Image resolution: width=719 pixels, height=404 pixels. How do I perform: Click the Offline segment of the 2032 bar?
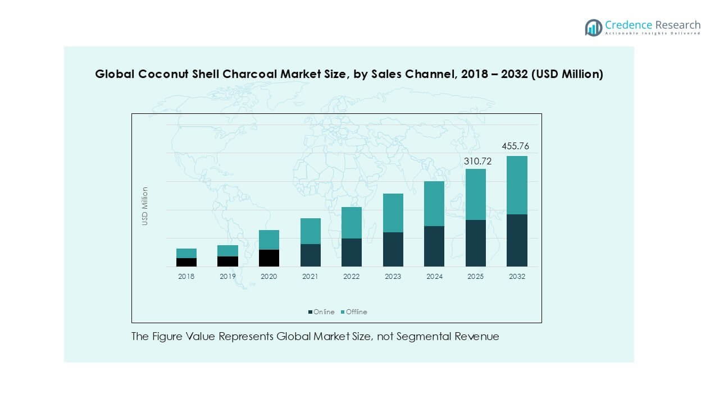click(517, 185)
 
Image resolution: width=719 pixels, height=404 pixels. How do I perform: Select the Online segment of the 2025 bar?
click(476, 243)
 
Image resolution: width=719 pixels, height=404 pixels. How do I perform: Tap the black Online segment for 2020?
click(269, 258)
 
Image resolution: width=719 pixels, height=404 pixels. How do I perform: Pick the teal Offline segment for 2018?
click(186, 253)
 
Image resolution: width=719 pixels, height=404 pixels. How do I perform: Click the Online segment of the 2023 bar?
click(393, 249)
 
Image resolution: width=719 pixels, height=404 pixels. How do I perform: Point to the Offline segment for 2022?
click(352, 223)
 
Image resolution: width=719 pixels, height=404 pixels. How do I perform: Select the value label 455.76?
click(515, 146)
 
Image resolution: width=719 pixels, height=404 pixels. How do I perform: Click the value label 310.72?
click(477, 161)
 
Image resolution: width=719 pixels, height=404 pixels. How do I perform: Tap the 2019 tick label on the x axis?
click(227, 277)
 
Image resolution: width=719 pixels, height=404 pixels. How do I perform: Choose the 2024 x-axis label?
click(434, 277)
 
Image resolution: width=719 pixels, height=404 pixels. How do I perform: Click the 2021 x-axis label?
click(310, 277)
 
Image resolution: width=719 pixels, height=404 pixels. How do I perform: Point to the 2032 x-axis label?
click(517, 277)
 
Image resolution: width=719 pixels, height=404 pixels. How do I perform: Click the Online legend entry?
click(321, 312)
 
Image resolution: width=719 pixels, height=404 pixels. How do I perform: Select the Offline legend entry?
click(354, 312)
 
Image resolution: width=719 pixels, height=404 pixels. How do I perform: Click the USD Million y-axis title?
click(145, 206)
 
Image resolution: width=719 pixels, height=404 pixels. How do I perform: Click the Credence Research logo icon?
click(593, 27)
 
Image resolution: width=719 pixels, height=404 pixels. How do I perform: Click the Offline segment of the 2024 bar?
click(434, 204)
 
